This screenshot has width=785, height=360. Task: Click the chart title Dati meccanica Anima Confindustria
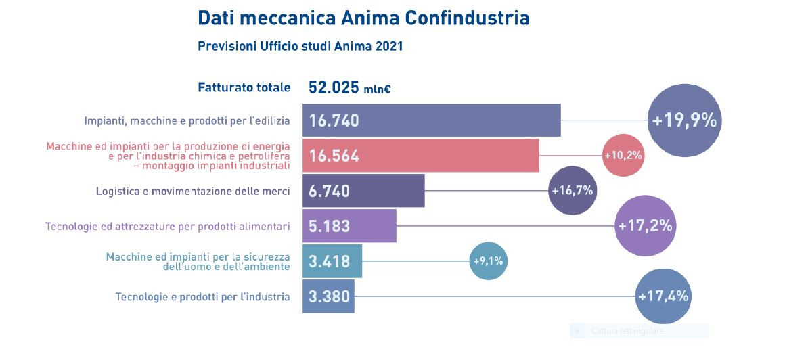pyautogui.click(x=363, y=18)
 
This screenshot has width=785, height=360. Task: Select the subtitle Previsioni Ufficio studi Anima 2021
pyautogui.click(x=300, y=47)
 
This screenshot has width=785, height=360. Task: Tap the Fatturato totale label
pyautogui.click(x=244, y=87)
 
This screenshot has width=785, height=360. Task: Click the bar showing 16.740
pyautogui.click(x=431, y=120)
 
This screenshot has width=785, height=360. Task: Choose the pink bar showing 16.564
pyautogui.click(x=420, y=156)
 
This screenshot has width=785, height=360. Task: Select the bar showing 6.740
pyautogui.click(x=363, y=191)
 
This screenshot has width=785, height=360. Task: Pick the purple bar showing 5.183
pyautogui.click(x=349, y=225)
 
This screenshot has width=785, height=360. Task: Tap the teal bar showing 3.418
pyautogui.click(x=332, y=261)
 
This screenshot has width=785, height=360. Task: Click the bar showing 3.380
pyautogui.click(x=328, y=296)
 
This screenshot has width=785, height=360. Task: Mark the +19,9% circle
pyautogui.click(x=683, y=120)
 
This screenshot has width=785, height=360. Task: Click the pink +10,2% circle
pyautogui.click(x=623, y=156)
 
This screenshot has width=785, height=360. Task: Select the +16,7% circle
pyautogui.click(x=573, y=191)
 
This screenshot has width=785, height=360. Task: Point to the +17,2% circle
pyautogui.click(x=645, y=225)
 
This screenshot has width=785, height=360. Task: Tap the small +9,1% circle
pyautogui.click(x=487, y=261)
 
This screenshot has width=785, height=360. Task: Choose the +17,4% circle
pyautogui.click(x=663, y=296)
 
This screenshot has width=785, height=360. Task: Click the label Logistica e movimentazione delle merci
pyautogui.click(x=193, y=192)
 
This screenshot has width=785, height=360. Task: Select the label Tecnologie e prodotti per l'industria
pyautogui.click(x=203, y=296)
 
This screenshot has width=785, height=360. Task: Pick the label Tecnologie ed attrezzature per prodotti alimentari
pyautogui.click(x=168, y=226)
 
